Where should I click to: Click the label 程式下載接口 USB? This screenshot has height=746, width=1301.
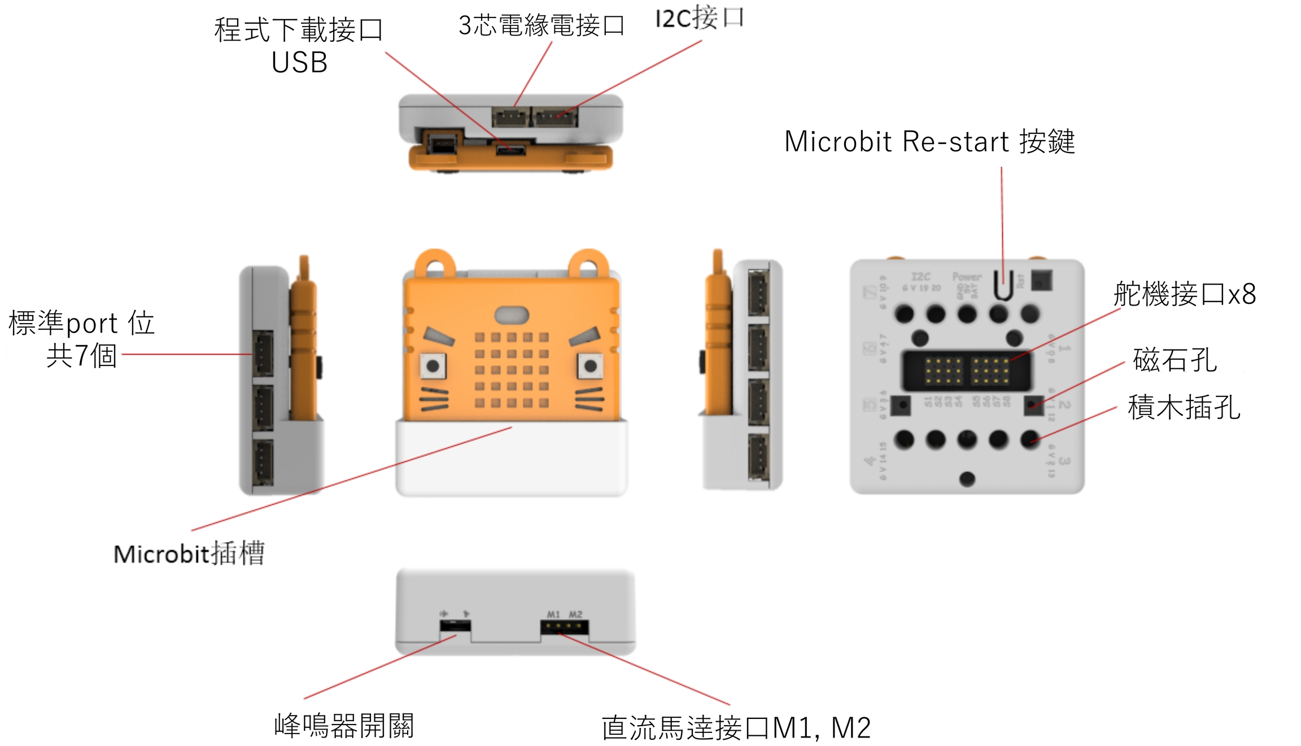coord(299,45)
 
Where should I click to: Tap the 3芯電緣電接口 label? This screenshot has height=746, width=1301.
coord(541,25)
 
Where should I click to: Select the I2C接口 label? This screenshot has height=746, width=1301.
coord(699,18)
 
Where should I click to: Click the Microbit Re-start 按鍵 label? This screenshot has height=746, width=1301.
coord(929,141)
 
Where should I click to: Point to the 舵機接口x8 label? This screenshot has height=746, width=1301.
coord(1184,294)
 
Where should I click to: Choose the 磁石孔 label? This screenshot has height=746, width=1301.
coord(1175,360)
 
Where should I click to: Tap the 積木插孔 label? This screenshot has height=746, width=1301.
coord(1184,407)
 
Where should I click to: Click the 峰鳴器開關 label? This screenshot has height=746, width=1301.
coord(344,726)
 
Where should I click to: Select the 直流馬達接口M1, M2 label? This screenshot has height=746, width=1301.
coord(736,727)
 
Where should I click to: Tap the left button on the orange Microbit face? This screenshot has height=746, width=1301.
coord(433,366)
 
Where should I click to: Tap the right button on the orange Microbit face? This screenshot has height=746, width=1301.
coord(590,366)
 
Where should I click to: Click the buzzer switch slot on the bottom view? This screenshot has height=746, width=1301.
coord(455,626)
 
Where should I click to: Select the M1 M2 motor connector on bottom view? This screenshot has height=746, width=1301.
coord(564,627)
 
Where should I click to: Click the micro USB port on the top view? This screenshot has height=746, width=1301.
coord(510,150)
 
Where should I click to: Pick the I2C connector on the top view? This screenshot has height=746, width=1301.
coord(556,117)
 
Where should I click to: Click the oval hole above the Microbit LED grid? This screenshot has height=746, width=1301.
coord(512,315)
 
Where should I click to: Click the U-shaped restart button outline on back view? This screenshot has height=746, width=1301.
coord(1003,285)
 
